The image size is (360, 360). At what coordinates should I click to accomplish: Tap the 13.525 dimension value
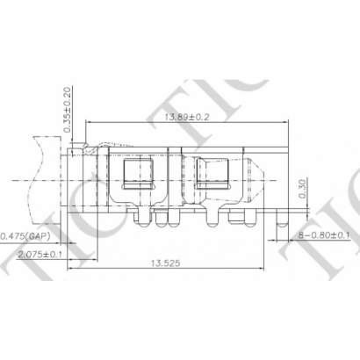(168, 262)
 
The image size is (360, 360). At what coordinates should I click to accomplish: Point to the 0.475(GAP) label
(25, 235)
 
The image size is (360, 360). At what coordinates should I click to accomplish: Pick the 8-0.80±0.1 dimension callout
(325, 235)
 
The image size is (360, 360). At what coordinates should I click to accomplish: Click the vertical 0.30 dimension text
(303, 190)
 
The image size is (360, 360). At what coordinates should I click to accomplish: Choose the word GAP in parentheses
(36, 235)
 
